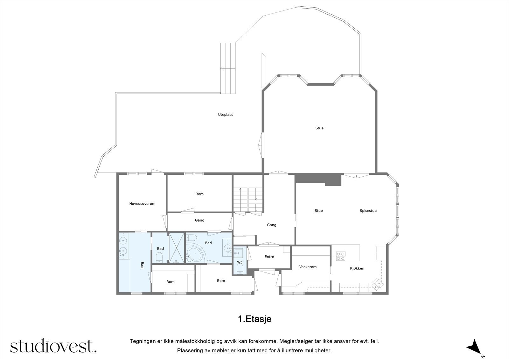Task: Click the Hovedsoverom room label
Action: point(142,204)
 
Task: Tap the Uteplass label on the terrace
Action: point(226,115)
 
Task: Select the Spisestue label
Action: point(368,211)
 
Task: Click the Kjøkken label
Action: point(357,268)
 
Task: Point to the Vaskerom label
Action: point(308,267)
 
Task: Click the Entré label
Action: point(269,257)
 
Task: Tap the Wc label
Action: point(240,263)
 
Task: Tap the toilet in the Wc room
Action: point(240,270)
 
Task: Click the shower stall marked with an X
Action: point(177,248)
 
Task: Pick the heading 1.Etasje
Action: point(254,319)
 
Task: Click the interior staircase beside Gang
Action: point(248,200)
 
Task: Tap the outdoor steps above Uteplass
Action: point(228,68)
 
